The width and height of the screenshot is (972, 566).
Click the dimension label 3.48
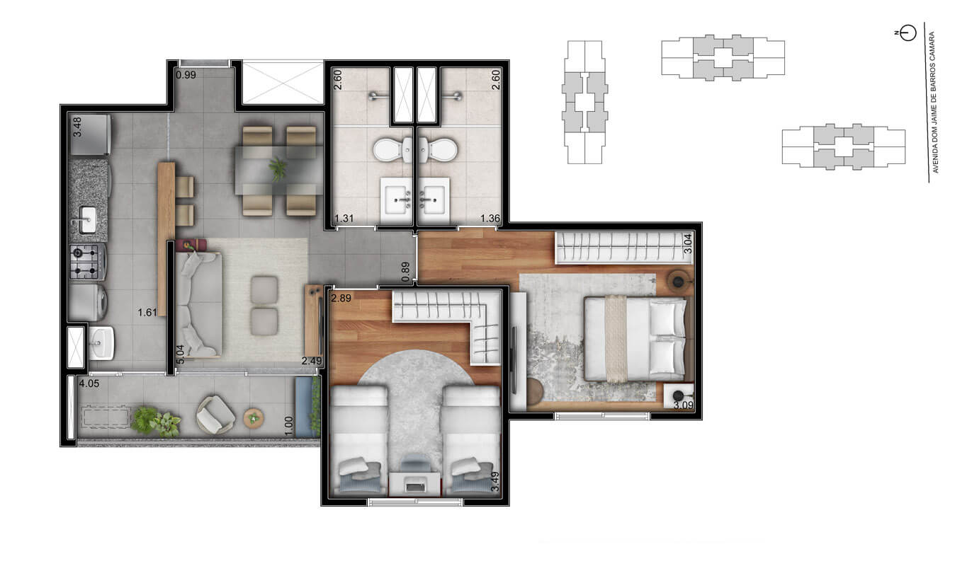tap(77, 127)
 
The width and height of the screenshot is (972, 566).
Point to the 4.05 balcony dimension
tap(89, 384)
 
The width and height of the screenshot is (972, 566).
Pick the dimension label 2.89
tap(341, 299)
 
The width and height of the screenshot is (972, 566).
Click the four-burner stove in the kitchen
tap(87, 261)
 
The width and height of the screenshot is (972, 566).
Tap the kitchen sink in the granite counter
tap(87, 219)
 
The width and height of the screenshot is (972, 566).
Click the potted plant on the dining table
tap(278, 168)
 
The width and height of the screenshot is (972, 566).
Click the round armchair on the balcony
tap(215, 415)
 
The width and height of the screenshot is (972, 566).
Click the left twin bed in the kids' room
tap(360, 441)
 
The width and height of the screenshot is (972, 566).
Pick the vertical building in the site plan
tap(584, 103)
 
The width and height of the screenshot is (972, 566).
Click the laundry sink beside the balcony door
tap(101, 343)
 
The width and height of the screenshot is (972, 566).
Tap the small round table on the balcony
tap(253, 418)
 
